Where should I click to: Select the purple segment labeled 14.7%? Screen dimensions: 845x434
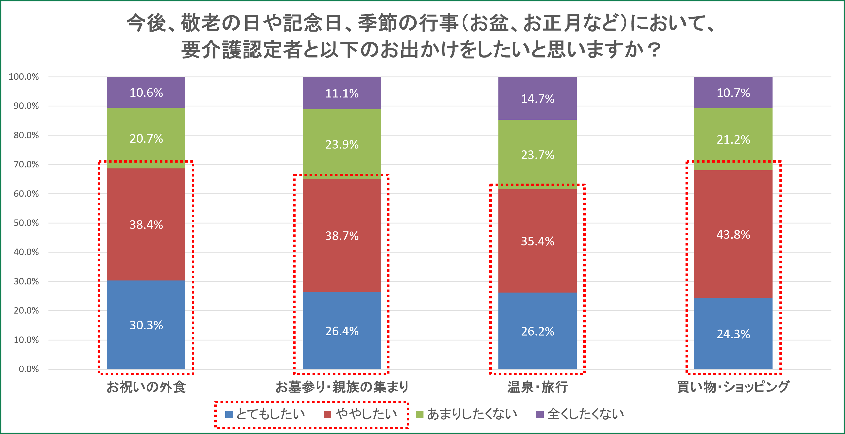[x=537, y=98]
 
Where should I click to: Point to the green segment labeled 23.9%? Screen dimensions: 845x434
[x=342, y=144]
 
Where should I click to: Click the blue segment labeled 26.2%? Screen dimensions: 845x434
[x=537, y=331]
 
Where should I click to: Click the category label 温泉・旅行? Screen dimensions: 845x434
[x=537, y=387]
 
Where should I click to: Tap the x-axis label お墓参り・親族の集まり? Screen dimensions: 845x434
[x=342, y=387]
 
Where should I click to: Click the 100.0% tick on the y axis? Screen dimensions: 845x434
[x=24, y=77]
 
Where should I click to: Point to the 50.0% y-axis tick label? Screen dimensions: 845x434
[x=26, y=223]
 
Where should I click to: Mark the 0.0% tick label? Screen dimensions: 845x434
[x=29, y=369]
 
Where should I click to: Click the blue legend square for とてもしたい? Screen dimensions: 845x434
[x=229, y=415]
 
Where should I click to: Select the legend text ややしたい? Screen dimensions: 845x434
[x=366, y=414]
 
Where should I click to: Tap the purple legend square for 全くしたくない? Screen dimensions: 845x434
[x=540, y=415]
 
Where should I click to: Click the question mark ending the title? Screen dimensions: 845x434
[x=655, y=50]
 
